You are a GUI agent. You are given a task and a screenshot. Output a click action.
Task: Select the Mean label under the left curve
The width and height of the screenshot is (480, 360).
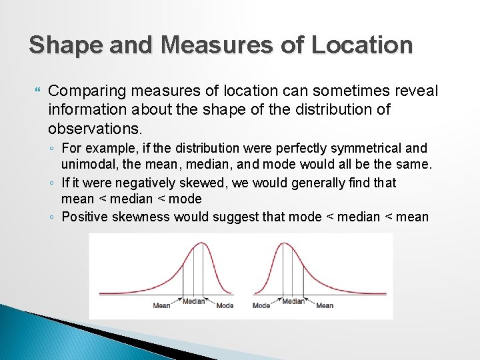click(x=162, y=305)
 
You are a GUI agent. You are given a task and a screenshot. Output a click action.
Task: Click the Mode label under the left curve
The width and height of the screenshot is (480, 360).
click(x=225, y=305)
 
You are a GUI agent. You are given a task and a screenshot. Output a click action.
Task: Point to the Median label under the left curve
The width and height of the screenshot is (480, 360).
click(x=193, y=301)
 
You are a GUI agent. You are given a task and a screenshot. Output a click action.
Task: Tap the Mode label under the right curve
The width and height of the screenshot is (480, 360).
click(x=261, y=305)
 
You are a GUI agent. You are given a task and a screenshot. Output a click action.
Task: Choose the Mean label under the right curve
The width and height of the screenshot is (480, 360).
click(x=325, y=305)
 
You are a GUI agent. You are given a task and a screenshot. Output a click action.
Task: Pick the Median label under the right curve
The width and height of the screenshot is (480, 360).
click(x=293, y=301)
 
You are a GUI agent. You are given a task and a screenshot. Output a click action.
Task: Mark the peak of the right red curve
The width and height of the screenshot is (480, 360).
click(x=285, y=243)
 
